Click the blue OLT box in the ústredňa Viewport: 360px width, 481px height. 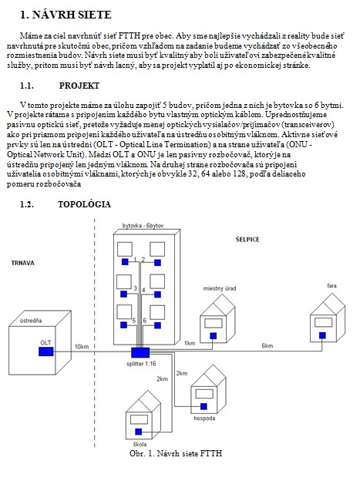(46, 351)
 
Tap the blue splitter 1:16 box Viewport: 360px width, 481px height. (140, 353)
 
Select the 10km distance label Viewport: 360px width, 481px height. (82, 347)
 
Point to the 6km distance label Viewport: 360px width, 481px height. (267, 345)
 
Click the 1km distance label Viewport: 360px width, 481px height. (190, 343)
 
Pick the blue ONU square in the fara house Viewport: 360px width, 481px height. (322, 335)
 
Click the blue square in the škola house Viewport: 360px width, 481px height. (139, 432)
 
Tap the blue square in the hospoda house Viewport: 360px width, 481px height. (204, 406)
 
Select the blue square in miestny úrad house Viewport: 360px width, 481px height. (213, 336)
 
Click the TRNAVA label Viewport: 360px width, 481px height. (22, 263)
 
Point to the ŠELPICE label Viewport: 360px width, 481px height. (247, 239)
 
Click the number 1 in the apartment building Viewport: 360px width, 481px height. (135, 260)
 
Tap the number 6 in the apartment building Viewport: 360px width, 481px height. (145, 321)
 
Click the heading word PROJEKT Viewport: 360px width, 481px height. (79, 86)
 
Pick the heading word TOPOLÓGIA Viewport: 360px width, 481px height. (84, 204)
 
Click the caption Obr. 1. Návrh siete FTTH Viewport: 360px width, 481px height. (176, 453)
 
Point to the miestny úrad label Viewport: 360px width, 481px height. (220, 288)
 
